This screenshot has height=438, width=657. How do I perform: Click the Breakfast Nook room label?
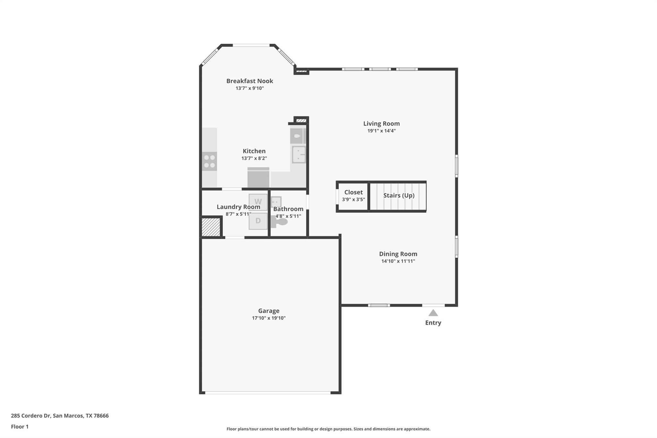250,81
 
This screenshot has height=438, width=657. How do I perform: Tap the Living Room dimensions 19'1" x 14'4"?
381,131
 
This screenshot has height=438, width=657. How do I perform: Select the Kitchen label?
254,151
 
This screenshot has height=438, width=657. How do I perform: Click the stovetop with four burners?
209,161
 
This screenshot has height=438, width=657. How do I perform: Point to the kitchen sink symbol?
299,155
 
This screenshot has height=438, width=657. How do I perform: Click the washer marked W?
258,202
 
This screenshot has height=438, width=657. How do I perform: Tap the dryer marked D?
258,221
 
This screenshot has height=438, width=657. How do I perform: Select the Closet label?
353,192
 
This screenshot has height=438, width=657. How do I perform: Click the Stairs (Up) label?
399,195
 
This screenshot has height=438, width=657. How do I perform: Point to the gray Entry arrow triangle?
433,313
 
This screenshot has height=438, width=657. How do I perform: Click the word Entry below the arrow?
433,323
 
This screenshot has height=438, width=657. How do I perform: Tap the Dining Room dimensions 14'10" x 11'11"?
398,261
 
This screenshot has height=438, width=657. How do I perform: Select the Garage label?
269,311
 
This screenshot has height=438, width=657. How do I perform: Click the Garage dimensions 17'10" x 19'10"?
269,318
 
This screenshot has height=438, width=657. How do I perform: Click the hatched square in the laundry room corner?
211,227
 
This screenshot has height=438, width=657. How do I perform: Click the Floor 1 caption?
20,427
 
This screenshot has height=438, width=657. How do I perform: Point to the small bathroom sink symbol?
276,202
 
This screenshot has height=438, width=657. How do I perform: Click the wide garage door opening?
268,392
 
